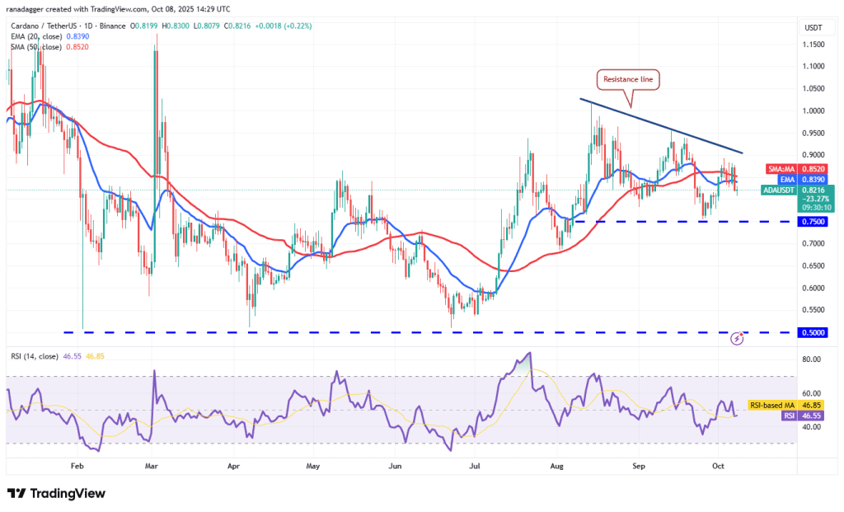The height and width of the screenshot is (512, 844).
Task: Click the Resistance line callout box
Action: coord(628,80)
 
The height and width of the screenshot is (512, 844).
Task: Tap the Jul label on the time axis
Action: coord(475,466)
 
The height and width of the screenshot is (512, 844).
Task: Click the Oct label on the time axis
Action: coord(719,466)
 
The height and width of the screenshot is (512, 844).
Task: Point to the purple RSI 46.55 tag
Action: coord(799,416)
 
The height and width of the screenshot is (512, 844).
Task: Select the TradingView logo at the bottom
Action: coord(57,493)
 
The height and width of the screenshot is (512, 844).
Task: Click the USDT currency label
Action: coord(814,28)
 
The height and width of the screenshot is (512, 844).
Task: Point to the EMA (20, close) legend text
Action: coord(49,36)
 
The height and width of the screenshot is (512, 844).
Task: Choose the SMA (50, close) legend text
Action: coord(49,47)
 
